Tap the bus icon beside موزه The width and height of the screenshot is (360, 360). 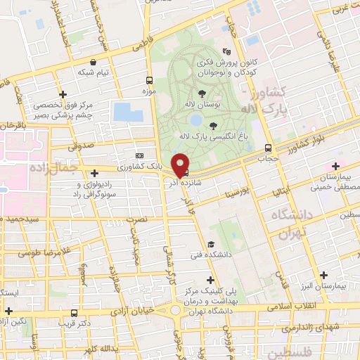(x=148, y=80)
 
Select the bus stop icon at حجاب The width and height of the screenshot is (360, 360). (x=268, y=148)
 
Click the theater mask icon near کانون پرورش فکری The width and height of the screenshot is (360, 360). (x=226, y=51)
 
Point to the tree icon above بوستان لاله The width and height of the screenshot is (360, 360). (x=202, y=93)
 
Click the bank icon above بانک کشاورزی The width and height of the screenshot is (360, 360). (x=139, y=156)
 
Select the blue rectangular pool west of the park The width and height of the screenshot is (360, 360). (x=127, y=111)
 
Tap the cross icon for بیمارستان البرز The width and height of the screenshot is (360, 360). (x=323, y=275)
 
